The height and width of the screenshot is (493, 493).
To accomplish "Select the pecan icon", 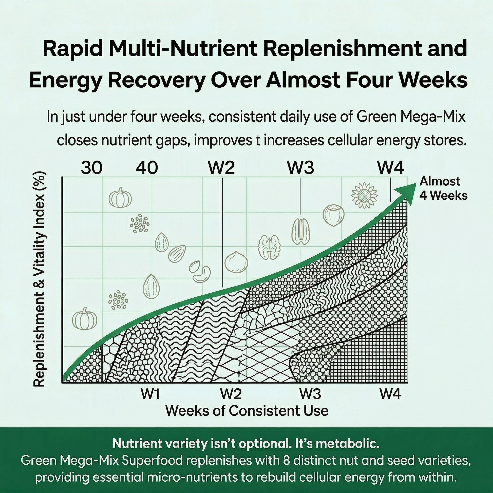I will coord(301,232).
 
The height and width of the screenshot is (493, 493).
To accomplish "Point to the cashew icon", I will coord(202,274).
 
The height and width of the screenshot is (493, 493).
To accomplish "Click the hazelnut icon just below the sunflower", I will coord(333,215).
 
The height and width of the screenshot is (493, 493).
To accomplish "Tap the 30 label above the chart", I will coord(92,168).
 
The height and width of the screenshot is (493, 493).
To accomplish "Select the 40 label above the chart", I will coord(147,168).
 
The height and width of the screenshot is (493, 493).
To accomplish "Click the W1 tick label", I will coord(150,394).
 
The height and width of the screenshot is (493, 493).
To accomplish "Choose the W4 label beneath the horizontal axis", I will coord(390,394).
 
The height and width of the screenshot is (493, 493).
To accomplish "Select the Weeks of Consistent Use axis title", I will coord(247,411).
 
